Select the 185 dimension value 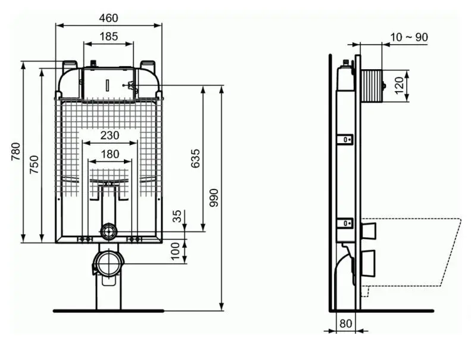pos(108,36)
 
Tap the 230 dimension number pos(110,135)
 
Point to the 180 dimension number pos(110,154)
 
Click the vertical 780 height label pos(15,152)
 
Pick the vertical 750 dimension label pos(35,165)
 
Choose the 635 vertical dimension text pos(195,158)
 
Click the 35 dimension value pos(177,216)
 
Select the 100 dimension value pos(175,250)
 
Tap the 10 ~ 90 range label pos(408,37)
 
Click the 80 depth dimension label pos(345,324)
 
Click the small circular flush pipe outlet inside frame pos(108,231)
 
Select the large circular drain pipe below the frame pos(108,262)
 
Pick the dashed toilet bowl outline pos(417,250)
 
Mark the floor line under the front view pos(108,311)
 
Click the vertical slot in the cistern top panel pos(108,83)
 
